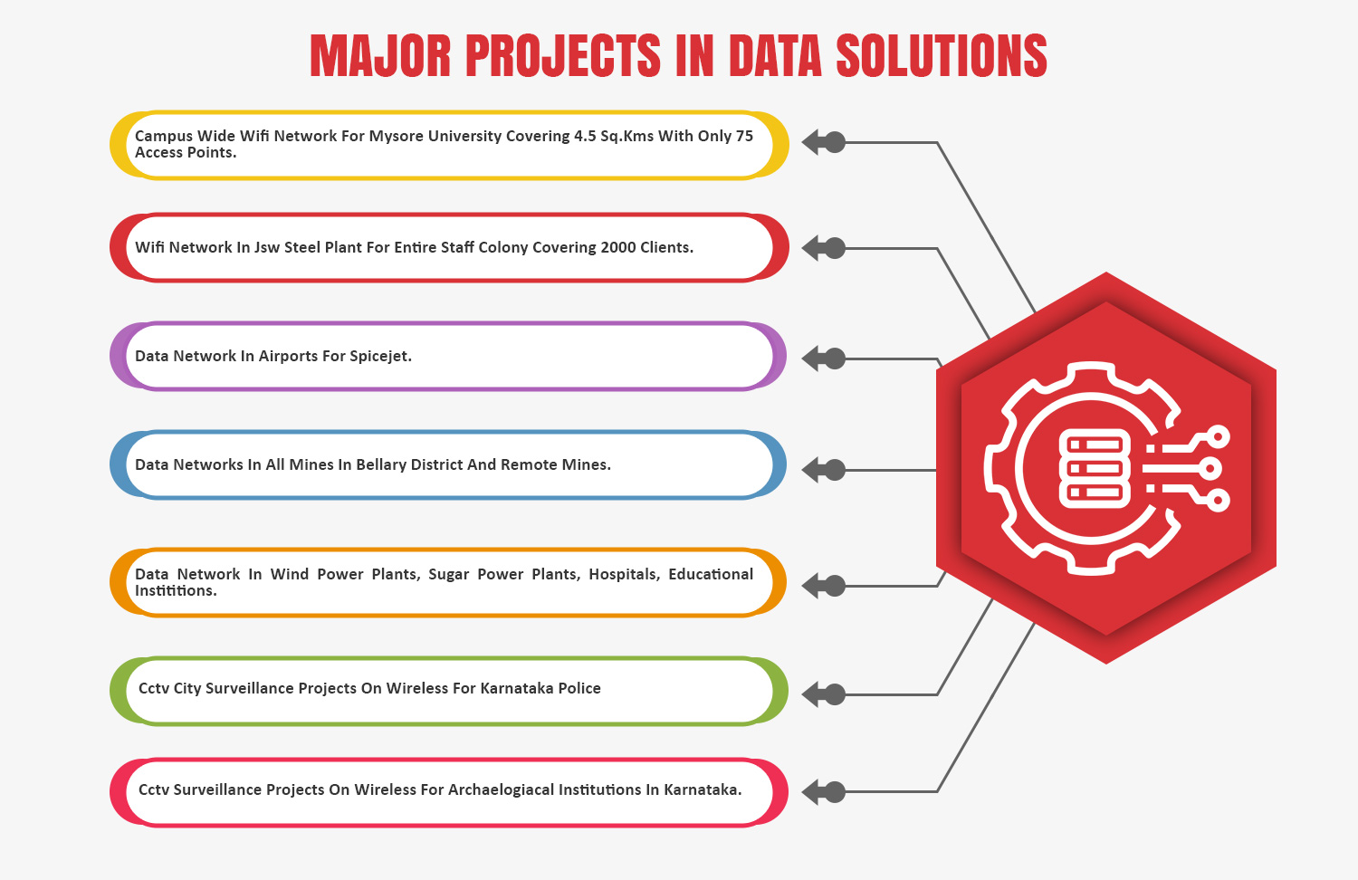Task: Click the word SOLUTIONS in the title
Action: pos(942,56)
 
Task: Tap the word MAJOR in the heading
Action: pos(380,56)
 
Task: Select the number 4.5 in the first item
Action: pos(585,136)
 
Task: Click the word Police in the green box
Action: pos(579,688)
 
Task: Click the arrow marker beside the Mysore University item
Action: pos(823,142)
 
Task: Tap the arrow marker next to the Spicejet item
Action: pos(823,359)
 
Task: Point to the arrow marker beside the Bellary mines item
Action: pos(823,470)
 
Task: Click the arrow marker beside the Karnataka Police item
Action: pos(823,694)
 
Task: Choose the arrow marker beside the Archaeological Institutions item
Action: pos(823,791)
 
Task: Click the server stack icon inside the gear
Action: pos(1095,468)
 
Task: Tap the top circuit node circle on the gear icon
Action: pos(1218,437)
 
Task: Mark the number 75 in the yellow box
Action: pos(744,136)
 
